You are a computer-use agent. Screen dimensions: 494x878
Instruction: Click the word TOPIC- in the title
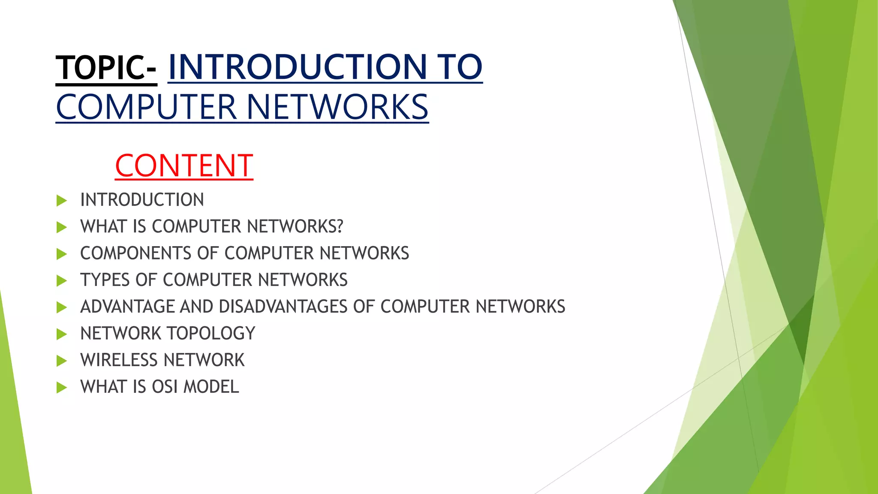point(106,68)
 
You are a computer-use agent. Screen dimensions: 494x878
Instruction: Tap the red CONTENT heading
point(184,166)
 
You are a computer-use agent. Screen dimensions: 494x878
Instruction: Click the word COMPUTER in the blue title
point(146,107)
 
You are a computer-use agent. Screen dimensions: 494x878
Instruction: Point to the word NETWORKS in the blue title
point(337,107)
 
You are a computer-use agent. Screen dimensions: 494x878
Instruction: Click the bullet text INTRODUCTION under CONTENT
point(142,200)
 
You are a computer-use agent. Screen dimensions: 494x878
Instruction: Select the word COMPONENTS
point(136,253)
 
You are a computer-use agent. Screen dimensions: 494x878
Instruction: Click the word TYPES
point(105,280)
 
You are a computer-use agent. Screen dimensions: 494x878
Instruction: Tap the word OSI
point(165,387)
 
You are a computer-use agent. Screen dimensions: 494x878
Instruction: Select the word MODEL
point(211,387)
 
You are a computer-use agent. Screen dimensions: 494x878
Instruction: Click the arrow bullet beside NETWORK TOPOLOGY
point(62,334)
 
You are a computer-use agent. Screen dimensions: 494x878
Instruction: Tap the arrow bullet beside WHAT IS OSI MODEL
point(62,388)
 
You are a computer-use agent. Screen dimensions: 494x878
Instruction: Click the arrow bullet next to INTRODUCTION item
point(62,200)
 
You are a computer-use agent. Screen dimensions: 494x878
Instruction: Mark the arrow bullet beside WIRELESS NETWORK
point(62,361)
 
